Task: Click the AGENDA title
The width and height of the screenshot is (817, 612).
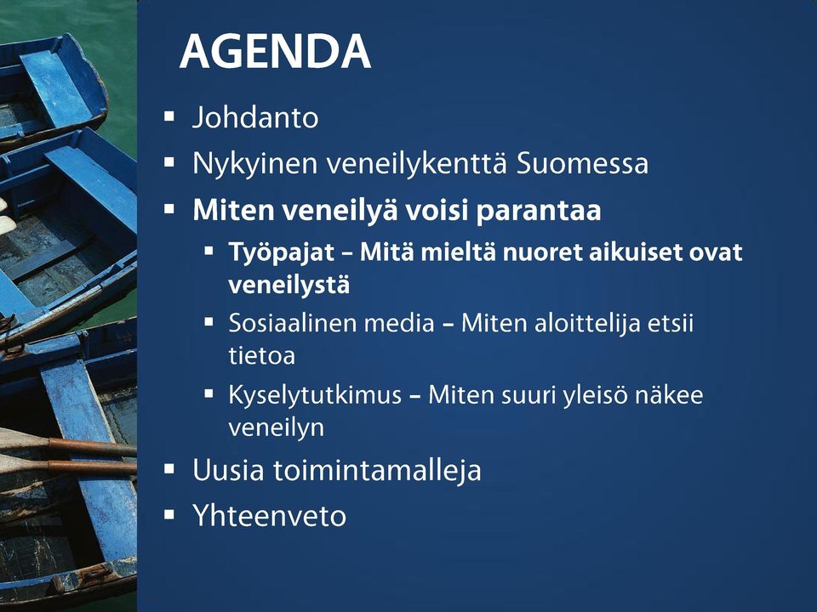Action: (275, 52)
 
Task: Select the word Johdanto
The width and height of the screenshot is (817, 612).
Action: (255, 117)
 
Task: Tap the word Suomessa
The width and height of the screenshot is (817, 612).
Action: (582, 163)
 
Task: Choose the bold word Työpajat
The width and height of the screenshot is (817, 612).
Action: (282, 253)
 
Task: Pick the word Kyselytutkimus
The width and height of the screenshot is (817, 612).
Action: (315, 396)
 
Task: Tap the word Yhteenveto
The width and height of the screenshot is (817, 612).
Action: (270, 516)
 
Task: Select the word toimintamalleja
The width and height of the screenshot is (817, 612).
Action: (377, 471)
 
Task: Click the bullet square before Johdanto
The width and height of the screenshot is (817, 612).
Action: (169, 116)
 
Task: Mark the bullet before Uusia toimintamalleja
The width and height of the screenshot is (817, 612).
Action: (169, 469)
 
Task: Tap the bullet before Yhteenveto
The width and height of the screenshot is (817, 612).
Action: (169, 515)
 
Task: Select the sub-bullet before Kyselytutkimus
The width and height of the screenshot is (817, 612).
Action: (209, 394)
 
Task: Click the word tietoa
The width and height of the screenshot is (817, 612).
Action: (261, 356)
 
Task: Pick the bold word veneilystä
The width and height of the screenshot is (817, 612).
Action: (289, 286)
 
